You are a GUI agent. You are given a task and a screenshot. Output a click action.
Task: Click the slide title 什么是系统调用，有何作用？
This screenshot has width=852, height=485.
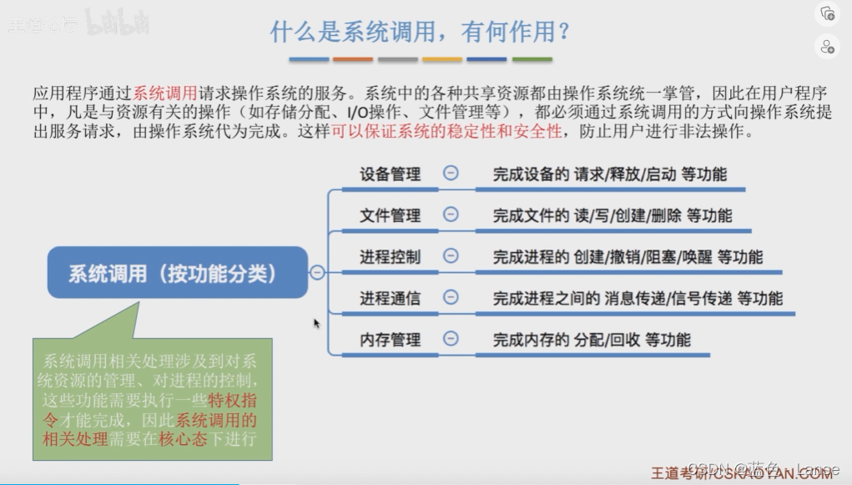[420, 32]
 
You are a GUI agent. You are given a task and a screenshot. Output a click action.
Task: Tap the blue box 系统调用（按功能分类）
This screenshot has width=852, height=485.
[177, 273]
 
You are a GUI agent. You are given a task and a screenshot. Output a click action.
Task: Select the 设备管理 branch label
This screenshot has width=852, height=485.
[390, 174]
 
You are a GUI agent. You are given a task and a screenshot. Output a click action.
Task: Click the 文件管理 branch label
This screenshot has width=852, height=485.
[390, 215]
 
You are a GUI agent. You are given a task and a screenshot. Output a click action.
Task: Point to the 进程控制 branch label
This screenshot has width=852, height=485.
[390, 256]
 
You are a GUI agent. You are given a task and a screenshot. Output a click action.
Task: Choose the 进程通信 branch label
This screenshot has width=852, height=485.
[390, 297]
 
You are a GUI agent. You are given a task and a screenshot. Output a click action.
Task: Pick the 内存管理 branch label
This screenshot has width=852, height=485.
[390, 339]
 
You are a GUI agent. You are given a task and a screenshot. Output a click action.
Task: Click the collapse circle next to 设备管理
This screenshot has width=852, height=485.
[451, 174]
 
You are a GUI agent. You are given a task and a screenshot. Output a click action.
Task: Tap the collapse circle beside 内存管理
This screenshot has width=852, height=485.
[451, 338]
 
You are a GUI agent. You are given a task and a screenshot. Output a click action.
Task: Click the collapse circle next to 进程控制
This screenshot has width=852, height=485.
[451, 255]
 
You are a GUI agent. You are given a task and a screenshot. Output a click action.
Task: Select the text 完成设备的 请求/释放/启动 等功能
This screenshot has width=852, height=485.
[609, 174]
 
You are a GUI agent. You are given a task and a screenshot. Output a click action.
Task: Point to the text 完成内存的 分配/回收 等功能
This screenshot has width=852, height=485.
[592, 339]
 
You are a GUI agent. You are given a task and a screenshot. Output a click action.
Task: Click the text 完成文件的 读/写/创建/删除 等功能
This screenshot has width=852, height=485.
[612, 215]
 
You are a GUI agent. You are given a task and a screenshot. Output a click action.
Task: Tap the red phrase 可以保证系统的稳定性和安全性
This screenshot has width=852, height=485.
[446, 132]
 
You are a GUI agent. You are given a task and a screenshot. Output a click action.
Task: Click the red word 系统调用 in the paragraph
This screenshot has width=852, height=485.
[165, 93]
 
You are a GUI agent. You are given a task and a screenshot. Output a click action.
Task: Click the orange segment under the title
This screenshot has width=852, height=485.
[353, 59]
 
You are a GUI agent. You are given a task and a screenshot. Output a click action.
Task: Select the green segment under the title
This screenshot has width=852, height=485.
[532, 59]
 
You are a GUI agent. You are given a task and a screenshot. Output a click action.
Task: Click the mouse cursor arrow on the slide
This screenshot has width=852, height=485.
[317, 323]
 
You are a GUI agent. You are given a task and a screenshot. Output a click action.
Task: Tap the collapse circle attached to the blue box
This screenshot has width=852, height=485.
[317, 272]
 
